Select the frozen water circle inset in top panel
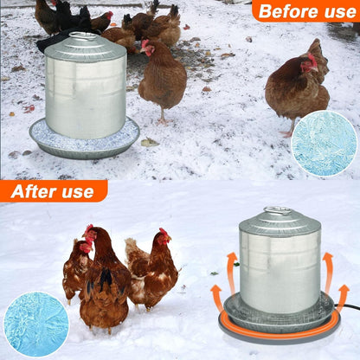[x=324, y=143]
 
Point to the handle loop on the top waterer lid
[x=84, y=36]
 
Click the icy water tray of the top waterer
[x=84, y=139]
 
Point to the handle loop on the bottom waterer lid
[x=279, y=210]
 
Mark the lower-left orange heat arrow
[x=216, y=297]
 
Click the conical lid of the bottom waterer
[x=279, y=223]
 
